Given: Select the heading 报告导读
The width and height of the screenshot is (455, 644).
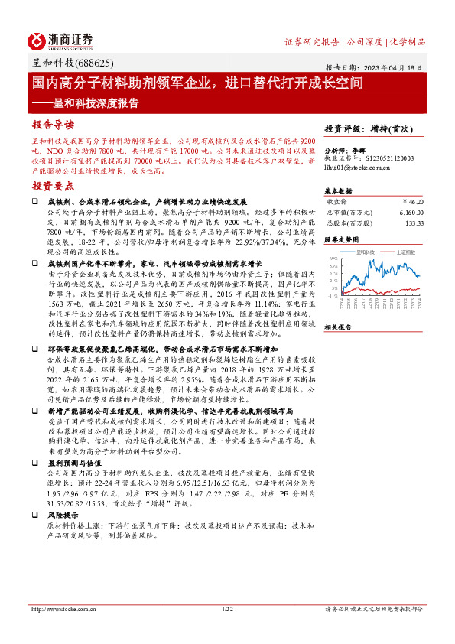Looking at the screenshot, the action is click(x=53, y=124).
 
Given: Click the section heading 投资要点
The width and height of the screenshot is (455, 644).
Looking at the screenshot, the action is click(x=53, y=186).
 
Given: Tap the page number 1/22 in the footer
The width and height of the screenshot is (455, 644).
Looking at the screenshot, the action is click(x=226, y=609).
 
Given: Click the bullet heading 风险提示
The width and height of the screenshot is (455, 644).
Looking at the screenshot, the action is click(x=60, y=516).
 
